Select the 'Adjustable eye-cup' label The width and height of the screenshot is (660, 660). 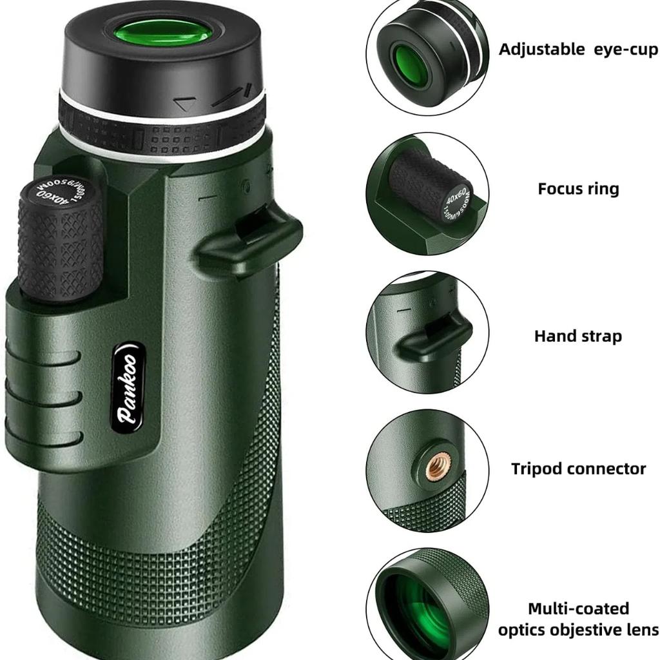point(578,50)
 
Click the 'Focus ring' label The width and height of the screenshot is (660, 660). point(578,189)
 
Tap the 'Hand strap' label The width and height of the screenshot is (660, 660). point(577,336)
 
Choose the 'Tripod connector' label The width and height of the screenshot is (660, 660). point(578,469)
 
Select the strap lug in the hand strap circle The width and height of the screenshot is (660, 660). point(430,338)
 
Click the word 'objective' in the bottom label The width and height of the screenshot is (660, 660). point(577,630)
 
